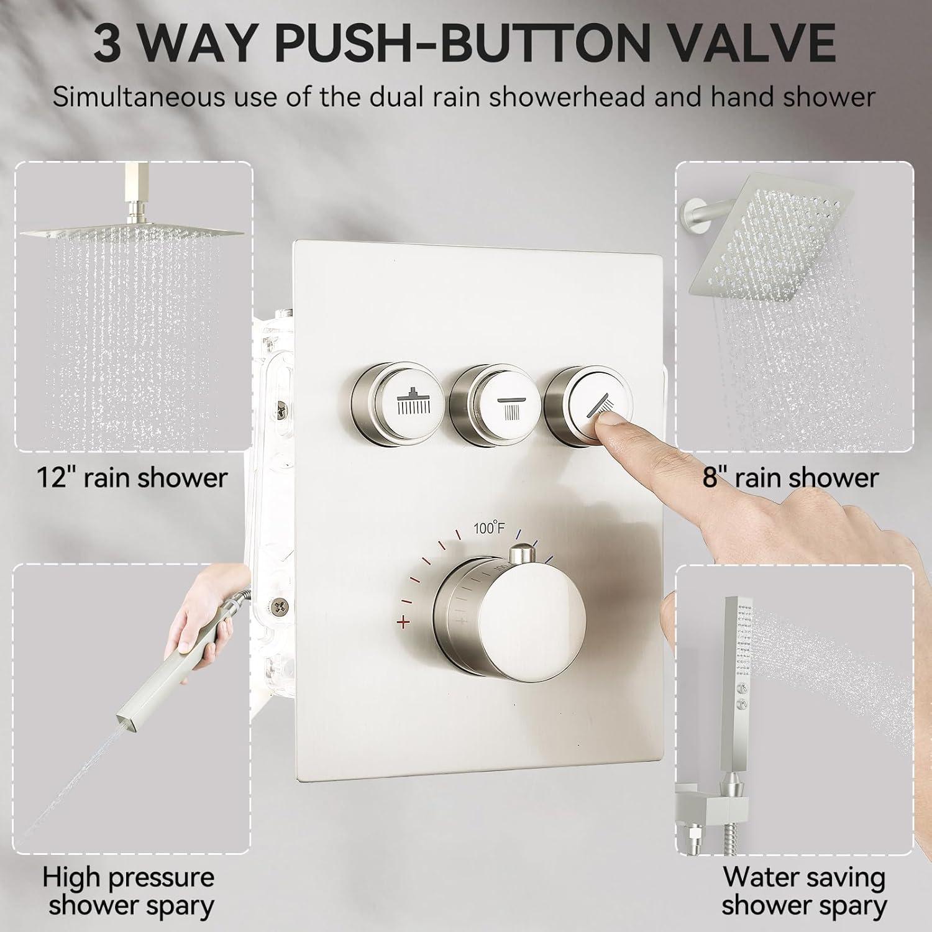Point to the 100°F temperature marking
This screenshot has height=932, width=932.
[490, 529]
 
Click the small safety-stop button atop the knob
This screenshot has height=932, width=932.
[523, 554]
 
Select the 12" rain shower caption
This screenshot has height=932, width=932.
[132, 477]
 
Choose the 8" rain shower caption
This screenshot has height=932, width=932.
[790, 477]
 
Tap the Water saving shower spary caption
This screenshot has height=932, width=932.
[804, 892]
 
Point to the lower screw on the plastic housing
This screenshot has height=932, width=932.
[282, 603]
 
